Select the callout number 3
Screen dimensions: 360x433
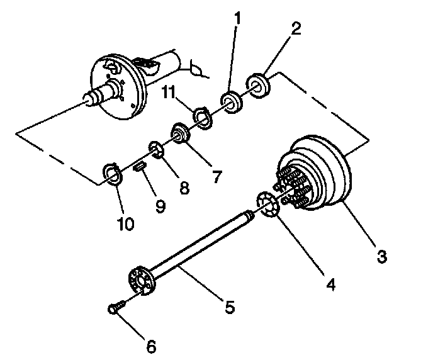click(381, 257)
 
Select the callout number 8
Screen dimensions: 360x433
click(184, 188)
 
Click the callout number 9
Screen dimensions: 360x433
click(160, 206)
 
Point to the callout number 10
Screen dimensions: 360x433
click(125, 224)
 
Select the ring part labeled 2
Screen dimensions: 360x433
click(259, 84)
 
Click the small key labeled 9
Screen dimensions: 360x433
click(140, 166)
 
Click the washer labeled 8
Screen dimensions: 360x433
click(155, 150)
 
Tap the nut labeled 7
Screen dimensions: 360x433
click(181, 133)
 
